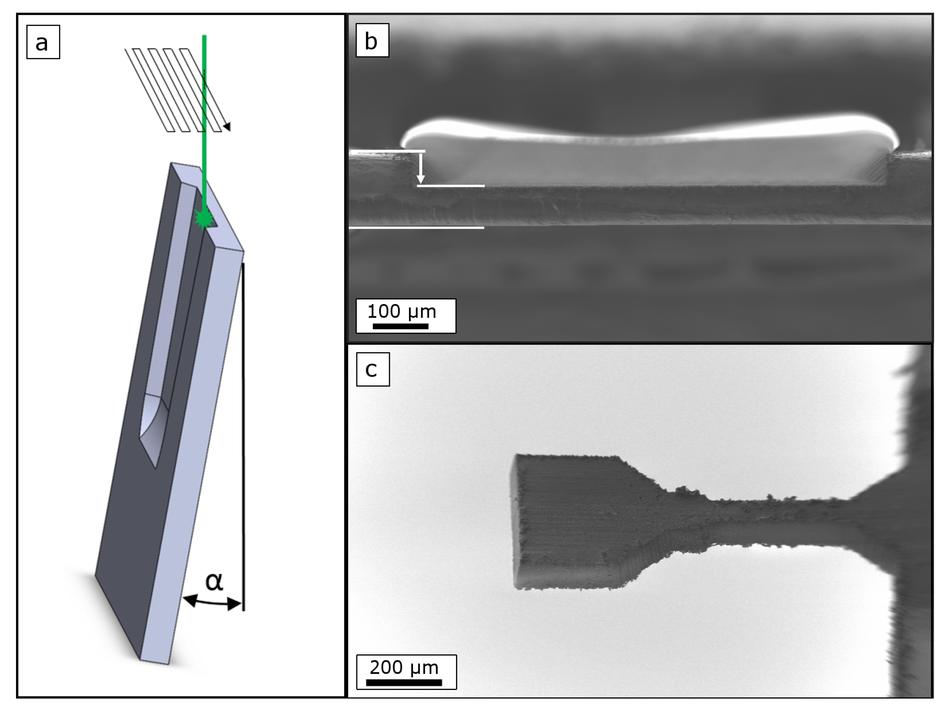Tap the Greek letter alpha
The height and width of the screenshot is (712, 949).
(214, 581)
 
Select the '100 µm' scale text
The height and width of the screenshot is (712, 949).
(402, 312)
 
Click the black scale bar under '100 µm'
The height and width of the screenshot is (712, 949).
(400, 326)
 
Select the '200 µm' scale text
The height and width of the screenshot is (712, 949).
(404, 668)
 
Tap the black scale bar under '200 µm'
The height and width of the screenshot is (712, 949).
(404, 682)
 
